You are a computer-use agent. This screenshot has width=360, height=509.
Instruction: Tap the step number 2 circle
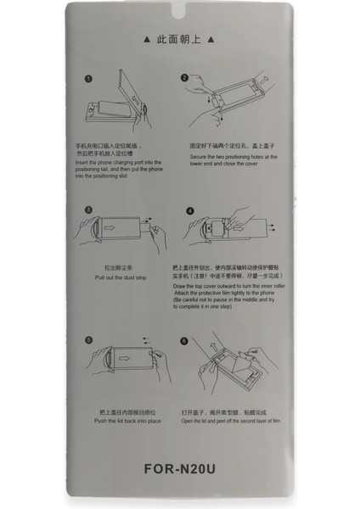tap(183, 79)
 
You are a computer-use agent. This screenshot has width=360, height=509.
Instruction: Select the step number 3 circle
tap(88, 209)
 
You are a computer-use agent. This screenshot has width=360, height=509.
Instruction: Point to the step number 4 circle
tap(190, 210)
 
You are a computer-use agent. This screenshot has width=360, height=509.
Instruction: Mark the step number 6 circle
tap(183, 340)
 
